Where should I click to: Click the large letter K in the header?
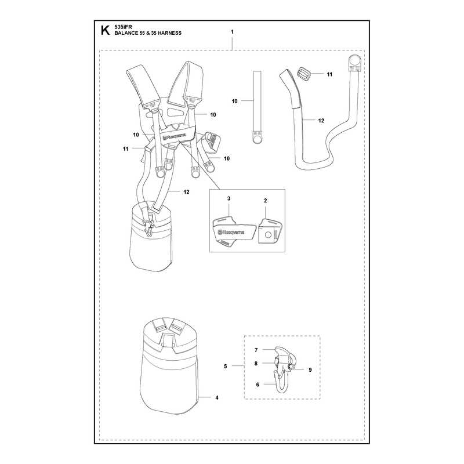[105, 30]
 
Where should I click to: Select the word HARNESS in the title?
[169, 33]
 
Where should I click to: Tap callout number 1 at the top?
[232, 32]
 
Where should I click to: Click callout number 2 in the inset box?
[266, 201]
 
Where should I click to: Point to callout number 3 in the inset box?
[229, 198]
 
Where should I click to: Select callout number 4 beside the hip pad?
[217, 398]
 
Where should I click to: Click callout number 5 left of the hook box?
[226, 367]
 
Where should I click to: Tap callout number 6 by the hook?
[258, 385]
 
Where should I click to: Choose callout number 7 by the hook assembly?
[256, 350]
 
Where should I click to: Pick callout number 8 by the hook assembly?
[256, 364]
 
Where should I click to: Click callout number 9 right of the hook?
[310, 370]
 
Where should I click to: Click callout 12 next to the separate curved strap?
[321, 121]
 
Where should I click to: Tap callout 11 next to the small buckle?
[329, 75]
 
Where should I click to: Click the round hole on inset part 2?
[268, 235]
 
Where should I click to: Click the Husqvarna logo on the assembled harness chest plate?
[173, 137]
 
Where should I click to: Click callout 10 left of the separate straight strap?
[234, 101]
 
